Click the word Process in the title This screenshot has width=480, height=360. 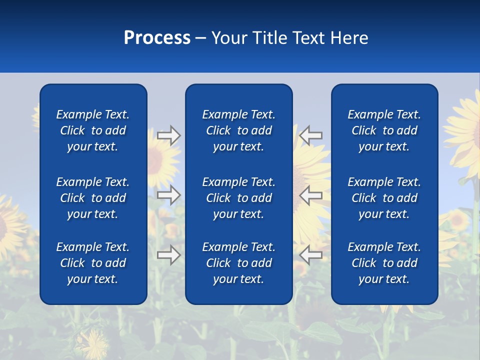pyautogui.click(x=157, y=38)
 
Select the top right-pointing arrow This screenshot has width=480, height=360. pyautogui.click(x=168, y=135)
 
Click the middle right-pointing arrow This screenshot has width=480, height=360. pyautogui.click(x=168, y=195)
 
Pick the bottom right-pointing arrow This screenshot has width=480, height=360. pyautogui.click(x=168, y=255)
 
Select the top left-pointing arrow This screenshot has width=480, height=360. pyautogui.click(x=311, y=135)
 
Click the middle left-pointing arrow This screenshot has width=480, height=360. pyautogui.click(x=311, y=195)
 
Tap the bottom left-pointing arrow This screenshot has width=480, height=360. pyautogui.click(x=311, y=255)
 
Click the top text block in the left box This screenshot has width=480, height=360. pyautogui.click(x=93, y=130)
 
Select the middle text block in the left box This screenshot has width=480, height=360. pyautogui.click(x=93, y=198)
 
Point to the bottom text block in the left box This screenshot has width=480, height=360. pyautogui.click(x=93, y=263)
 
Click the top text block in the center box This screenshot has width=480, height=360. pyautogui.click(x=238, y=130)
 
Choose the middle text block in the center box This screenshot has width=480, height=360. pyautogui.click(x=238, y=198)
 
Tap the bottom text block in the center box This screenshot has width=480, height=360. pyautogui.click(x=238, y=263)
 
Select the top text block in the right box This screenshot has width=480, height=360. pyautogui.click(x=384, y=130)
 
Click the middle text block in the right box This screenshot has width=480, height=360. pyautogui.click(x=384, y=198)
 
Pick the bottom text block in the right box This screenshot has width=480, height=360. pyautogui.click(x=384, y=263)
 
